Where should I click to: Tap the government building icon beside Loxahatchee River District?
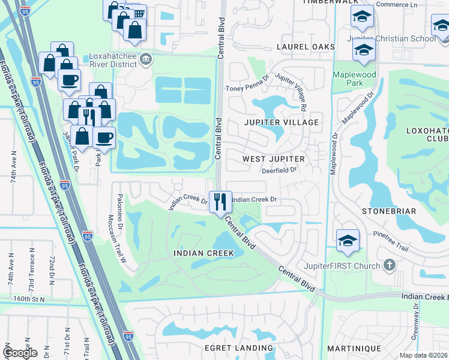(x=146, y=59)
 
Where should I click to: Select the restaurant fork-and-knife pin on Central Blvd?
(x=220, y=201)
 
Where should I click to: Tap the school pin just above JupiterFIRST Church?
(x=348, y=241)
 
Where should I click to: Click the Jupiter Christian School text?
(x=391, y=38)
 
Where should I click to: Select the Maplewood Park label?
(x=354, y=79)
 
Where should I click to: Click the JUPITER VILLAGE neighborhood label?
(x=281, y=122)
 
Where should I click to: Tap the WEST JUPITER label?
(x=273, y=159)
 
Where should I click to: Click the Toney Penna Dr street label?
(x=245, y=88)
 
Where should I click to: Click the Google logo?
(x=20, y=353)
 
